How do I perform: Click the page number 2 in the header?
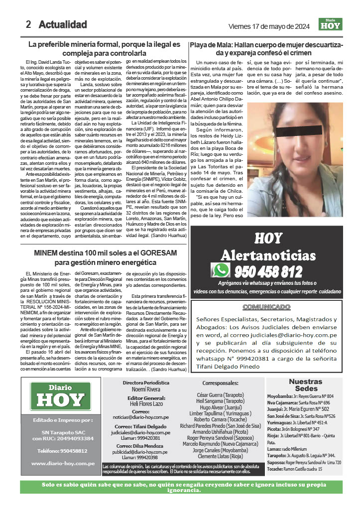coord(29,24)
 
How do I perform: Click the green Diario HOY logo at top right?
coord(331,24)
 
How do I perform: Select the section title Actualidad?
coord(63,24)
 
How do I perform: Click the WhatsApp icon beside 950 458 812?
coord(221,271)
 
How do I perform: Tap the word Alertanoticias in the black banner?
coord(268,255)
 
